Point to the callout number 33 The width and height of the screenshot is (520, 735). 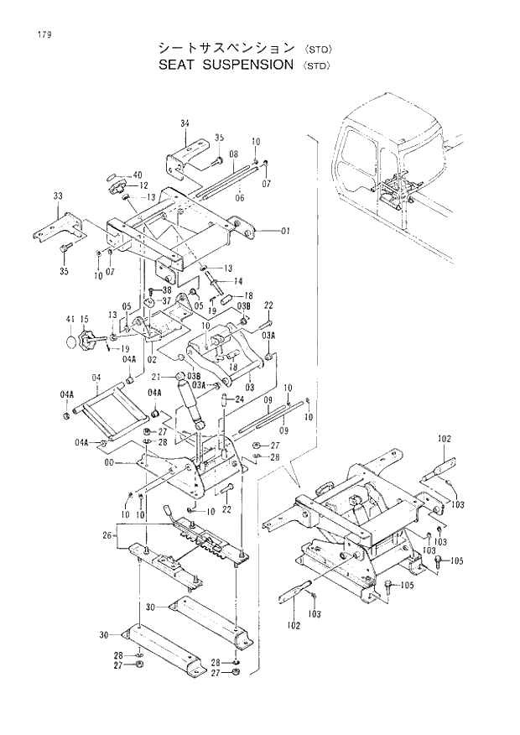pos(58,195)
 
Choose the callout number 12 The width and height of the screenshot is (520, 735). pos(143,185)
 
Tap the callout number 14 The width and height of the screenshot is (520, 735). pos(238,281)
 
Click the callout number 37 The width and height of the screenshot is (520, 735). pos(166,301)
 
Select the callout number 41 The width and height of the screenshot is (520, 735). pos(70,320)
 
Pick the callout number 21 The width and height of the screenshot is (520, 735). pos(168,377)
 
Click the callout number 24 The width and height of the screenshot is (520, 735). pos(238,399)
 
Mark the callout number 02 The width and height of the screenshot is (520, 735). pos(152,358)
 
